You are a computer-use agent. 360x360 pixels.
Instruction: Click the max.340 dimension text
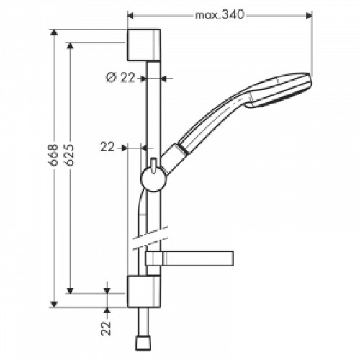pos(220,14)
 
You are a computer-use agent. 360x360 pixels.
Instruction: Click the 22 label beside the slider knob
pos(108,147)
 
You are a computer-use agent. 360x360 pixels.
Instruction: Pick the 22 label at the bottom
pos(107,328)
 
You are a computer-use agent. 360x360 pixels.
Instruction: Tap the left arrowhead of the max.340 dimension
pos(131,14)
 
